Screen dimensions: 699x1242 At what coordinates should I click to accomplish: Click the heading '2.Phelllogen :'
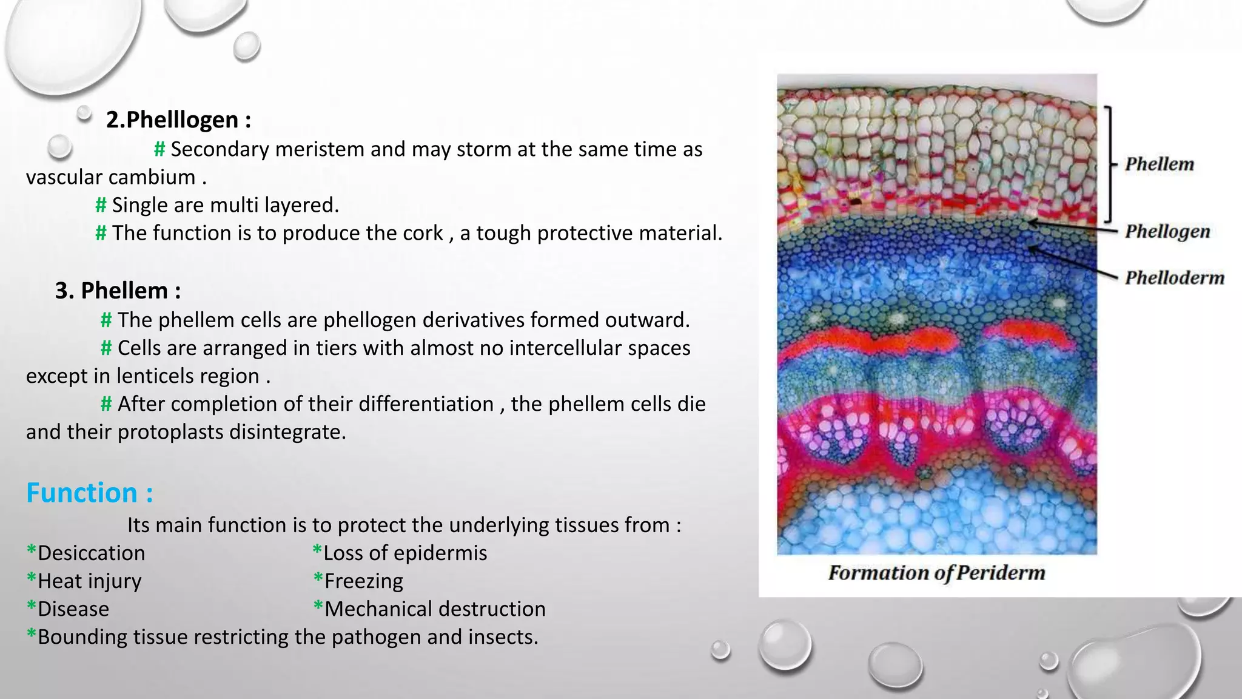click(x=178, y=120)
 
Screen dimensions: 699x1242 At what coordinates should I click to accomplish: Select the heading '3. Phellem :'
click(x=118, y=291)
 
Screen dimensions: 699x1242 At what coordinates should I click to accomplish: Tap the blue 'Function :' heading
click(x=89, y=493)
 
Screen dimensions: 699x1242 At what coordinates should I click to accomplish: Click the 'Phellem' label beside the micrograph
click(x=1159, y=164)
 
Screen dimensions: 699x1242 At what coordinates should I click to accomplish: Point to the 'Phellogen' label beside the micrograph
click(x=1167, y=231)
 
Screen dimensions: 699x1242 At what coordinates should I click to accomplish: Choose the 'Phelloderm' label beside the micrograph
click(x=1174, y=278)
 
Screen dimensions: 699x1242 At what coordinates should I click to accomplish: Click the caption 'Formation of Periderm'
click(x=936, y=573)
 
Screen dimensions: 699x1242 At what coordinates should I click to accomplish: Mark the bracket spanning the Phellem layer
click(x=1109, y=164)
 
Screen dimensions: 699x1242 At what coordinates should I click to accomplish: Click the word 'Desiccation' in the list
click(x=91, y=553)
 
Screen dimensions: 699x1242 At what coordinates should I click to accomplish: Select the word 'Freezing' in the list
click(x=363, y=581)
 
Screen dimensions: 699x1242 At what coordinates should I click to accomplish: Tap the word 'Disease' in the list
click(x=73, y=609)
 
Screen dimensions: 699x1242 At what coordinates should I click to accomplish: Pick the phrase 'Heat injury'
click(x=89, y=581)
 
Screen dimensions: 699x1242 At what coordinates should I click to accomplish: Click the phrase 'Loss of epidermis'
click(x=404, y=553)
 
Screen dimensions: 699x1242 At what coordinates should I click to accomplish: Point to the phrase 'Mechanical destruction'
click(x=435, y=609)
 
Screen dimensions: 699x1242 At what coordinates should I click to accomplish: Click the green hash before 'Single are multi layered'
click(x=101, y=205)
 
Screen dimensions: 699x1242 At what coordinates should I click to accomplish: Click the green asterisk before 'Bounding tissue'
click(x=31, y=635)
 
